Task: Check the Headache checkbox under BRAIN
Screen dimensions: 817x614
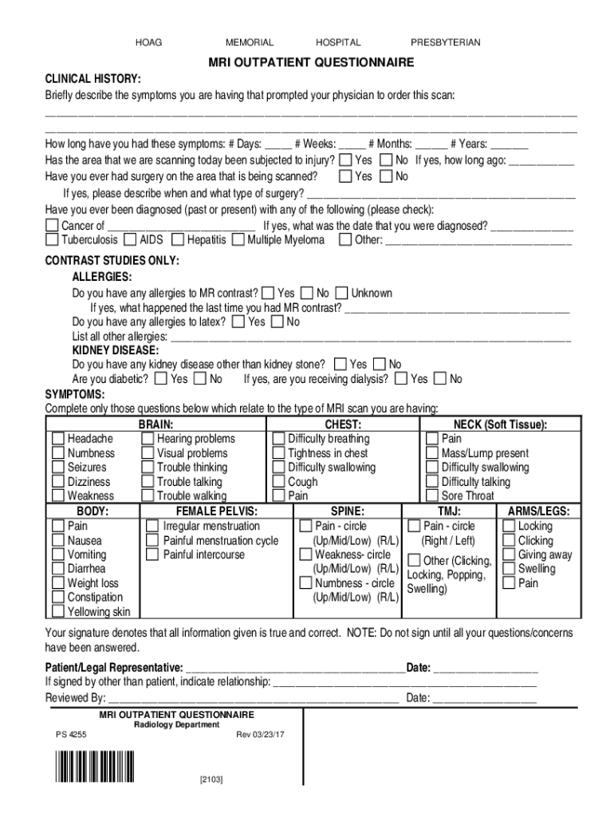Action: coord(58,439)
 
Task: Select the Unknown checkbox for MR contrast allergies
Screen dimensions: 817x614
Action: coord(342,293)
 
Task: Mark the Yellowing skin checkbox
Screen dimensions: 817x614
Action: coord(58,611)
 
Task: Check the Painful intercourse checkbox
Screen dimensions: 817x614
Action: coord(153,555)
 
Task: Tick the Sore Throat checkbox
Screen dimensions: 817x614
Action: coord(431,495)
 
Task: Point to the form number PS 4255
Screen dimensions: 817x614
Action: coord(72,734)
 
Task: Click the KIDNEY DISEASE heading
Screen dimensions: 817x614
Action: coord(116,350)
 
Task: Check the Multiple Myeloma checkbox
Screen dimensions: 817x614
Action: coord(238,239)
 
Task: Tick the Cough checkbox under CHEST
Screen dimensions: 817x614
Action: coord(278,481)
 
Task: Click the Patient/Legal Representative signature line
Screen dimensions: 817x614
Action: coord(295,668)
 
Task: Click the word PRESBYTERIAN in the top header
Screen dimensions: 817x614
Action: coord(445,42)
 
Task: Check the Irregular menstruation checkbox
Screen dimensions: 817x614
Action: coord(153,526)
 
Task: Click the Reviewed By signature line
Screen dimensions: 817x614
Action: coord(253,699)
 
